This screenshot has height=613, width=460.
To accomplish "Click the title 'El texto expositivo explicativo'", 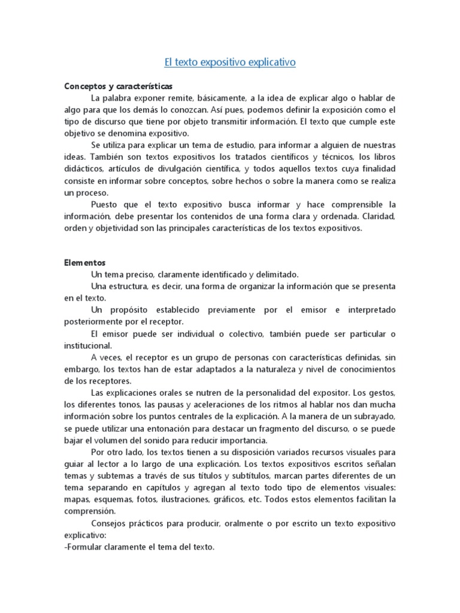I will pyautogui.click(x=230, y=62).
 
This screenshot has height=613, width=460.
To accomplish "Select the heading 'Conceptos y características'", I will pyautogui.click(x=118, y=86).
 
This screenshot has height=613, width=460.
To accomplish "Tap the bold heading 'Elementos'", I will pyautogui.click(x=84, y=262).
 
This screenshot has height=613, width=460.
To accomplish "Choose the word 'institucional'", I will pyautogui.click(x=86, y=345).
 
